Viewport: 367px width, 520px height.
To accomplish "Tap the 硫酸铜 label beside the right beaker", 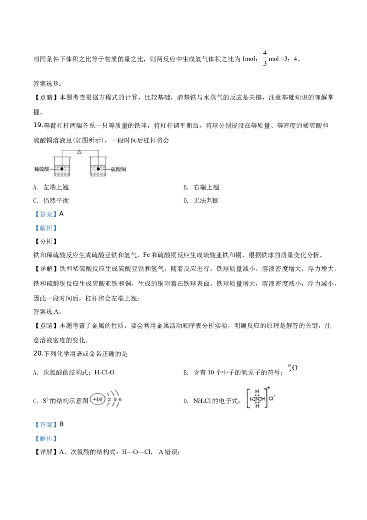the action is [119, 170].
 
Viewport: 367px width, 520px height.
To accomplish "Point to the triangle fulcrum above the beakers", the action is [79, 152].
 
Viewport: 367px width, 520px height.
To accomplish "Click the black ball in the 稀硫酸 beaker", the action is [61, 169].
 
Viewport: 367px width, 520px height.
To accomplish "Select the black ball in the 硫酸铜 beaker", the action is [98, 169].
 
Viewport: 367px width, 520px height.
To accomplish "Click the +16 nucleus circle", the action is [97, 400].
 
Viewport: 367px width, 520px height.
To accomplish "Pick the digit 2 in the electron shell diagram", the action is [109, 400].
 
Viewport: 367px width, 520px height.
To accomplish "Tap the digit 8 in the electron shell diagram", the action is [115, 400].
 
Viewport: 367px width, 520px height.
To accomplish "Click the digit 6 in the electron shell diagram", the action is [120, 400].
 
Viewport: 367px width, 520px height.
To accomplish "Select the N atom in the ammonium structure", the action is [257, 399].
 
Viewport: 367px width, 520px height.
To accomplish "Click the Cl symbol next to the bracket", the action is [271, 399].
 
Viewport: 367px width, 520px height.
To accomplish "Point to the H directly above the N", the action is [257, 392].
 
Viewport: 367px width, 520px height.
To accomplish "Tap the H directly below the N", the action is [257, 406].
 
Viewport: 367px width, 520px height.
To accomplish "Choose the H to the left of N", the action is [251, 399].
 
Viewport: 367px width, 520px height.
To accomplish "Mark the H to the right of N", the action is [263, 399].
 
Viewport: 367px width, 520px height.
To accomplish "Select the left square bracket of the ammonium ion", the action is [246, 399].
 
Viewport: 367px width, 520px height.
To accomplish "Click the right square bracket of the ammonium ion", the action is [266, 399].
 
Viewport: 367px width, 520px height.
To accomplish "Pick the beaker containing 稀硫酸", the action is [61, 166].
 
